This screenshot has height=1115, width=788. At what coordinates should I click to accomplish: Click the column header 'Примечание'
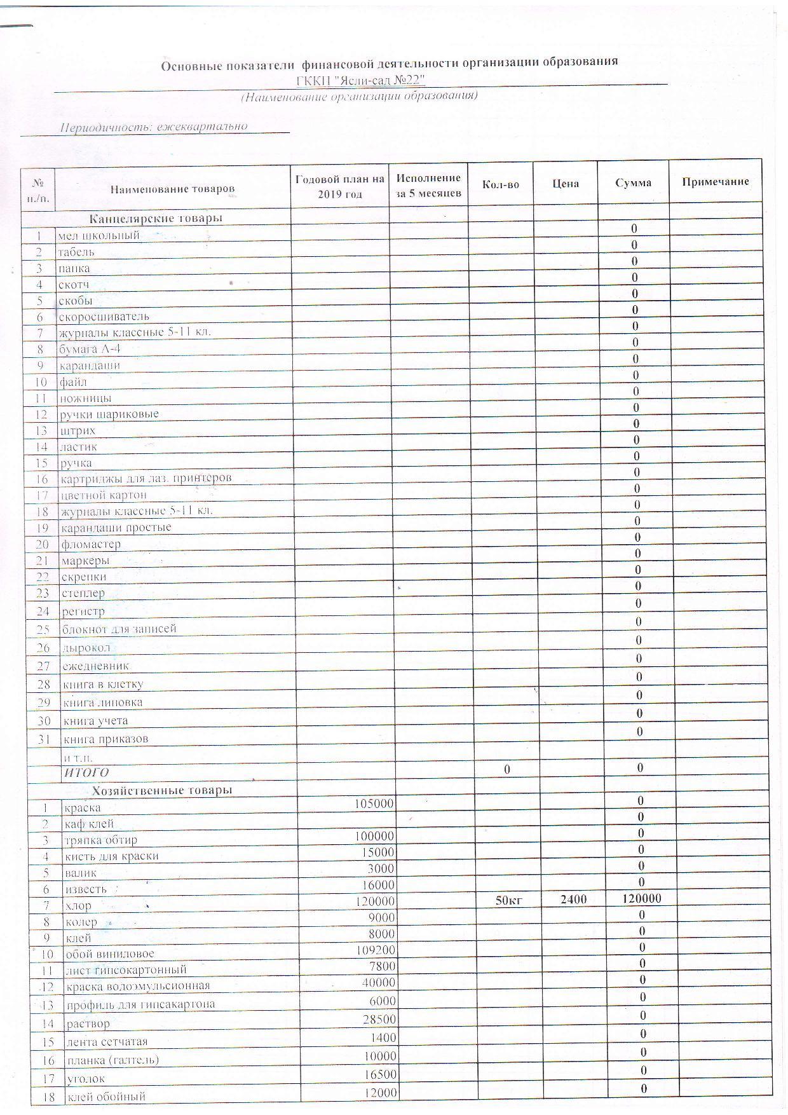click(x=715, y=182)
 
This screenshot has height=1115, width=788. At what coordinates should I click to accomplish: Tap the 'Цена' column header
click(x=565, y=184)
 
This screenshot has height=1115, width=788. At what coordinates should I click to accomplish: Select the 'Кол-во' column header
click(x=501, y=184)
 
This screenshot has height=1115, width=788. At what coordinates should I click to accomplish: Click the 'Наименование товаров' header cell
click(x=172, y=189)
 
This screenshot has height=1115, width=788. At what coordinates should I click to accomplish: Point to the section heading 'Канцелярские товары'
click(x=156, y=219)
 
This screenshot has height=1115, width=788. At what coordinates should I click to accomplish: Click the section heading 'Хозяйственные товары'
click(x=162, y=790)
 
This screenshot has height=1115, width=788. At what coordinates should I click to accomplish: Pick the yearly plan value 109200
click(x=376, y=950)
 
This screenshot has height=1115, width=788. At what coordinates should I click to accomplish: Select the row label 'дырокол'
click(x=86, y=648)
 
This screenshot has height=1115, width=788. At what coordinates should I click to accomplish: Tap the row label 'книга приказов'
click(x=105, y=739)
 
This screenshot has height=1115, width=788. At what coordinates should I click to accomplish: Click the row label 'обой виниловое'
click(x=109, y=954)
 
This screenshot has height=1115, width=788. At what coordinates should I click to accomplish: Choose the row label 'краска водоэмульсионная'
click(x=138, y=986)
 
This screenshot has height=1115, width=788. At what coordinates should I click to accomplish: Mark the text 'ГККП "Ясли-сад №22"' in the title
click(x=360, y=81)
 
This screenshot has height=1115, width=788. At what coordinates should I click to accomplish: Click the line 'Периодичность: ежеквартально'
click(x=153, y=127)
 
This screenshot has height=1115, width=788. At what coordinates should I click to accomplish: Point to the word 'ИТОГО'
click(x=86, y=772)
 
